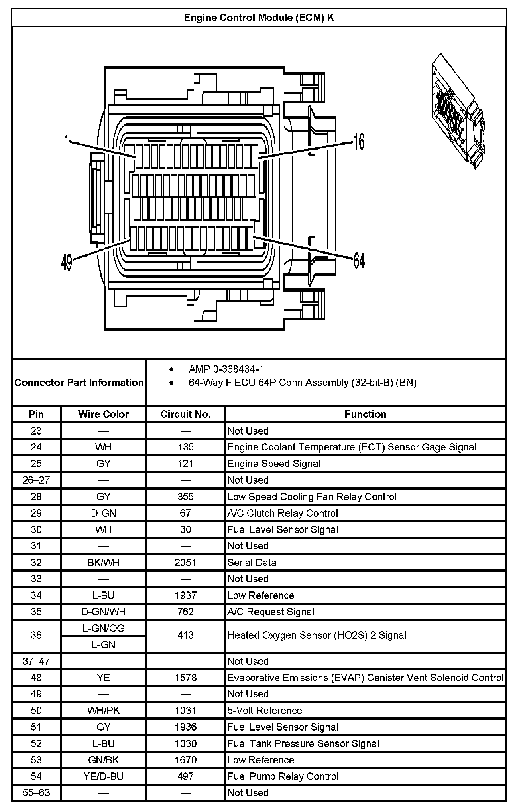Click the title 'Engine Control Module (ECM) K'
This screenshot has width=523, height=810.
point(259,18)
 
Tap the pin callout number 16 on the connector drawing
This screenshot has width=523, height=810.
point(359,142)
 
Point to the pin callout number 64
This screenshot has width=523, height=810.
point(359,261)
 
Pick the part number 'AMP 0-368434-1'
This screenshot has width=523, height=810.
point(226,369)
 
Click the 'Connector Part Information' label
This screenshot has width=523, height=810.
point(79,382)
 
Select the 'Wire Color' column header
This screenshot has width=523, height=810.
point(103,414)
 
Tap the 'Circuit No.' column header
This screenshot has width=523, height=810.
point(185,414)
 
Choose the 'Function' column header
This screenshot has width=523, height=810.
point(365,414)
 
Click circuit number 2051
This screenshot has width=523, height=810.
point(185,563)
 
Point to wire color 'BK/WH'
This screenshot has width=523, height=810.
point(103,563)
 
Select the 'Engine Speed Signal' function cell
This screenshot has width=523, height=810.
point(274,464)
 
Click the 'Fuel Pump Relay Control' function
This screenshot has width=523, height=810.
point(283,776)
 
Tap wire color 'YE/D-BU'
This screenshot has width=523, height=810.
point(103,776)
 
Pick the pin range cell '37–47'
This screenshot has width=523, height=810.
point(36,661)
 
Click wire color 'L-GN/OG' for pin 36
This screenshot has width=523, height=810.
point(103,628)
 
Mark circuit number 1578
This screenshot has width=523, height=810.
point(185,678)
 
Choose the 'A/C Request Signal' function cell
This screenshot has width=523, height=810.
point(271,612)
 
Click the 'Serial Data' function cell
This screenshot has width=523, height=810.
point(252,563)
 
